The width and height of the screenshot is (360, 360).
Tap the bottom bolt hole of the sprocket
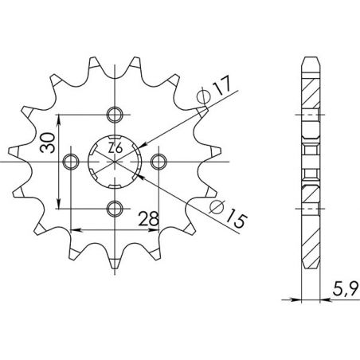(x=115, y=209)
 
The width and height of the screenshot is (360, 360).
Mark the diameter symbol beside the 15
(x=217, y=209)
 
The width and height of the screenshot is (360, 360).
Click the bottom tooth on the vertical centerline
(x=115, y=259)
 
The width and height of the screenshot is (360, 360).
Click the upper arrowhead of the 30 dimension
(x=61, y=116)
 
